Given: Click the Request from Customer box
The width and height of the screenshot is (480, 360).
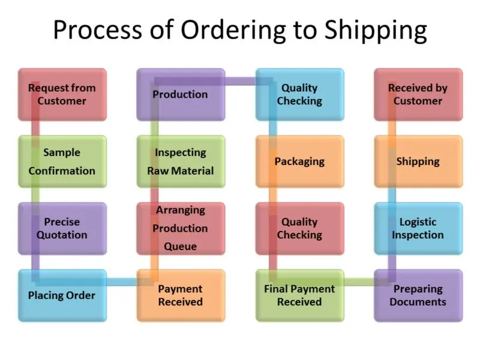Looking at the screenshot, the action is tap(62, 94).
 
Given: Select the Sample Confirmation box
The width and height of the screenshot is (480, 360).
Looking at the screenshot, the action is tap(62, 161).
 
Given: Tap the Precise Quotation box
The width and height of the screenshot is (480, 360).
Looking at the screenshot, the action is tap(62, 229).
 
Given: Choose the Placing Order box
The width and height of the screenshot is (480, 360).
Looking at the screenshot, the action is tap(62, 295).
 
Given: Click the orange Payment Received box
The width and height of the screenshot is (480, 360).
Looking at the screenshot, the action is tap(181, 295).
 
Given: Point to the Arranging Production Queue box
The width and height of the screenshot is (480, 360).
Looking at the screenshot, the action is tap(181, 229).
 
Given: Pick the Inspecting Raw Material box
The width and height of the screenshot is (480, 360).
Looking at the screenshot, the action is tap(181, 161).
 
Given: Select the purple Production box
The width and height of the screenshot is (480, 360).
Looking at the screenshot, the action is tap(181, 94).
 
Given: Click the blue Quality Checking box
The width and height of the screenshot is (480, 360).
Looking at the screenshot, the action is tap(299, 94).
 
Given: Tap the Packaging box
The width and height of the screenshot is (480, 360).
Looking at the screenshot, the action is tap(299, 161).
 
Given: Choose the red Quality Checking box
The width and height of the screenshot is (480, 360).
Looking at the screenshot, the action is tap(299, 229).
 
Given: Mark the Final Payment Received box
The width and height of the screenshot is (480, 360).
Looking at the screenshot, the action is tap(299, 295).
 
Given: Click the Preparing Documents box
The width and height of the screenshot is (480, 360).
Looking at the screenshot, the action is tap(418, 295).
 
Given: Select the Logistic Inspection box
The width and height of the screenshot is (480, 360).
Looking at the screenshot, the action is tap(418, 229).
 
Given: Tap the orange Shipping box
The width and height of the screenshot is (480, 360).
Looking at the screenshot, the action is tap(418, 161).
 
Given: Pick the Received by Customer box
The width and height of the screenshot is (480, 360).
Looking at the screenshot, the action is tap(418, 94).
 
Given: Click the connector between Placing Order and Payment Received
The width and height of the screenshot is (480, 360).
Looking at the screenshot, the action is tap(122, 280).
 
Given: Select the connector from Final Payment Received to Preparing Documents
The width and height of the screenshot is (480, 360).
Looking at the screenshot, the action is tap(359, 281).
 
